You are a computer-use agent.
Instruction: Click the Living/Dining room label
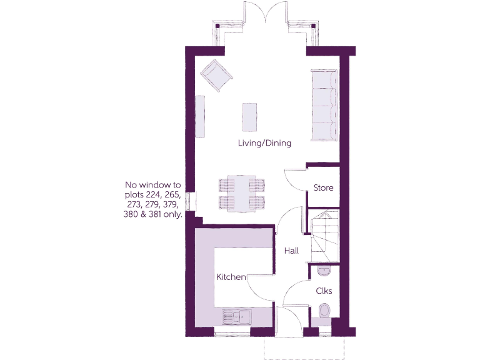(x=264, y=143)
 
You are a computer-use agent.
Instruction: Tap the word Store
(x=323, y=187)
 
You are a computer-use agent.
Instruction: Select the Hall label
(x=291, y=251)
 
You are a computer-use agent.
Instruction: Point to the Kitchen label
(x=231, y=277)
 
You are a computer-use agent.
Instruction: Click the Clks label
(x=324, y=291)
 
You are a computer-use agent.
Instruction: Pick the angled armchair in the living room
(x=216, y=76)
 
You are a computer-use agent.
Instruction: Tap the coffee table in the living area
(x=249, y=116)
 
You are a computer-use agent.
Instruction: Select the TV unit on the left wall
(x=200, y=116)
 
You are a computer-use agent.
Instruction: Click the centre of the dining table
(x=241, y=193)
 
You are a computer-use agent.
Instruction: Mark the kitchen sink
(x=236, y=317)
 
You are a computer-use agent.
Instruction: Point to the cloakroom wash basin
(x=322, y=271)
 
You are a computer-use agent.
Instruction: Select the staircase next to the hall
(x=324, y=234)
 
